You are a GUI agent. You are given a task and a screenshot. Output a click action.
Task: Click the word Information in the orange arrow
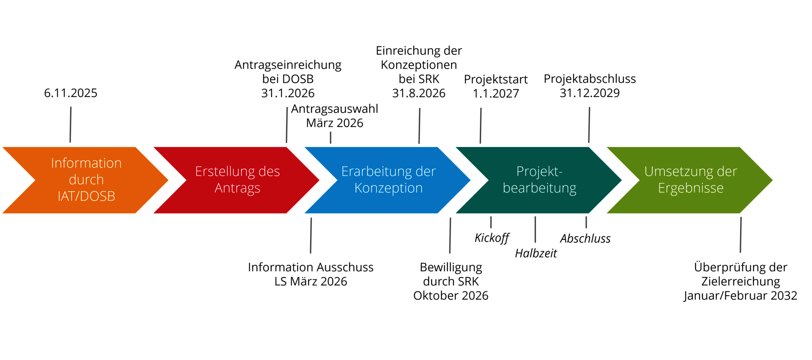click(86, 163)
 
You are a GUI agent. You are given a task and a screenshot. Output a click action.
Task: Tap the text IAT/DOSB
click(86, 196)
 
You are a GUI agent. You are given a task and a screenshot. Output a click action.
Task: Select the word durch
click(86, 180)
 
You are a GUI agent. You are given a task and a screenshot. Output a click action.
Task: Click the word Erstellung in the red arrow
click(225, 171)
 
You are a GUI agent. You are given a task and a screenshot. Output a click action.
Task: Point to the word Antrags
click(237, 188)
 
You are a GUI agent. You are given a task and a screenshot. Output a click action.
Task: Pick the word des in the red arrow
click(269, 171)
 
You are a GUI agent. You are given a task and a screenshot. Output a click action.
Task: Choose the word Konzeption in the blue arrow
click(389, 188)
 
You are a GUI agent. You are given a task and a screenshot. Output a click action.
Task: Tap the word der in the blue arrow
click(426, 171)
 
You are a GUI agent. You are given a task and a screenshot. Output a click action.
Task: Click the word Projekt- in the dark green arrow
click(539, 171)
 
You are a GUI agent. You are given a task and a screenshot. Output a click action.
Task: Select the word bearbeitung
click(539, 188)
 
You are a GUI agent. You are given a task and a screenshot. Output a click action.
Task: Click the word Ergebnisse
click(691, 188)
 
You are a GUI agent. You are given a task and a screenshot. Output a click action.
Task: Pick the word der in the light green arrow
click(727, 171)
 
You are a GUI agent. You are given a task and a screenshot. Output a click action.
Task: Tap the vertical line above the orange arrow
click(71, 125)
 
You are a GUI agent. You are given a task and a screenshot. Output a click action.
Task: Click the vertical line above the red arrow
click(287, 125)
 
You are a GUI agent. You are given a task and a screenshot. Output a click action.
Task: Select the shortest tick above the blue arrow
click(330, 138)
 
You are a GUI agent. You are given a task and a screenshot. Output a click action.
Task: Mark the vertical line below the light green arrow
click(741, 235)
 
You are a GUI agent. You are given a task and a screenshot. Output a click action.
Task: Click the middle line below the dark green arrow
click(535, 230)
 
